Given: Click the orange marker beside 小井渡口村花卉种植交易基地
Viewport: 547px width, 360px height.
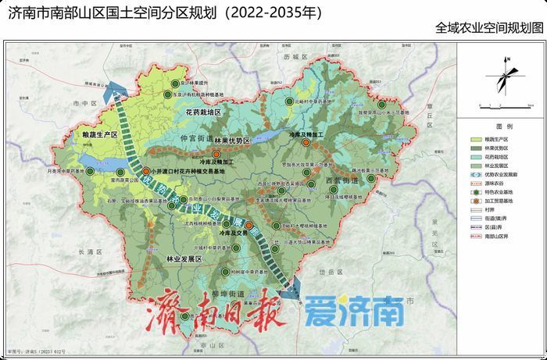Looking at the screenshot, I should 145,171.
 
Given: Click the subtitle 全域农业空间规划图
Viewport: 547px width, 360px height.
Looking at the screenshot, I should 490,28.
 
